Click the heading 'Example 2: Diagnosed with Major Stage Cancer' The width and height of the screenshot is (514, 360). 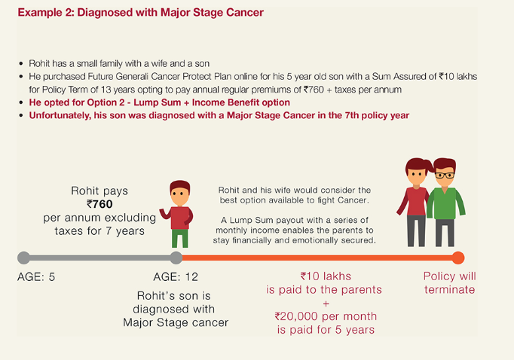(x=140, y=13)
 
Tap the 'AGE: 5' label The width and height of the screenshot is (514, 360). (x=36, y=276)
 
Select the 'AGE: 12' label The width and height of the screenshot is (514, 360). (x=176, y=276)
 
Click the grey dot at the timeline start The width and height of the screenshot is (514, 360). (x=23, y=258)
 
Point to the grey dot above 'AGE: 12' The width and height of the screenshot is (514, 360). (x=176, y=258)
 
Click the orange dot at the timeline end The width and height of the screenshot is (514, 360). (x=458, y=258)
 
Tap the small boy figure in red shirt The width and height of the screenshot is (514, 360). (x=179, y=213)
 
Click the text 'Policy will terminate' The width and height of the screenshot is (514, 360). (x=449, y=283)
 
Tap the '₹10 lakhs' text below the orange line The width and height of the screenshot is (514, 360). (x=326, y=276)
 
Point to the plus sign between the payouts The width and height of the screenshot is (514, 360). (x=325, y=304)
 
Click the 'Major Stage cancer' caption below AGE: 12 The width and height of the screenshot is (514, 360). (x=176, y=323)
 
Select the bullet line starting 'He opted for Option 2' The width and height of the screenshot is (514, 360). (x=159, y=102)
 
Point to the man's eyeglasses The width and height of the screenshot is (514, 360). (x=445, y=174)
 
